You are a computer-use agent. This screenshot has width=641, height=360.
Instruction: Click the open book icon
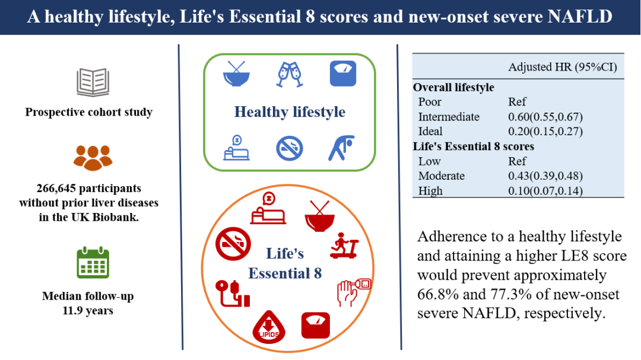coord(93,82)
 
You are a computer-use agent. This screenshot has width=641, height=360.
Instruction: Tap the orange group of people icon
coord(93,158)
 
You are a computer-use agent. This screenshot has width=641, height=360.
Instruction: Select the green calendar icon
coord(93,262)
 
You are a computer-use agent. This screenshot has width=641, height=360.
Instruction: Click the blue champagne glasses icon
coord(290,74)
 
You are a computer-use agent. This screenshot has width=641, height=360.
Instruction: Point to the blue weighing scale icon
coord(343,74)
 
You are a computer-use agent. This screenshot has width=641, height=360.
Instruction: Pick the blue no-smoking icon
coord(290,148)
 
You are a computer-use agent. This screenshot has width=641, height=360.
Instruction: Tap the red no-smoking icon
coord(233,244)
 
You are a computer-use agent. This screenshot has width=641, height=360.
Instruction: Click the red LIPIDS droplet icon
coord(269,327)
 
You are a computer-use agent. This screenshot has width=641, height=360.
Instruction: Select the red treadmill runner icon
coord(344,246)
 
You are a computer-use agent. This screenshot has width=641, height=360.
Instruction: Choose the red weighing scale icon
coord(316,326)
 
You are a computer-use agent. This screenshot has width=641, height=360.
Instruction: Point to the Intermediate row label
coord(449,117)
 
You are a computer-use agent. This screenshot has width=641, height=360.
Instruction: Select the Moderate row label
coord(442,176)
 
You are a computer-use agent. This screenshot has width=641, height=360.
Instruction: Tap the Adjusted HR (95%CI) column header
coord(563,67)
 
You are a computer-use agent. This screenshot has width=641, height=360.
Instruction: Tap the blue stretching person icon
coord(341,148)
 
